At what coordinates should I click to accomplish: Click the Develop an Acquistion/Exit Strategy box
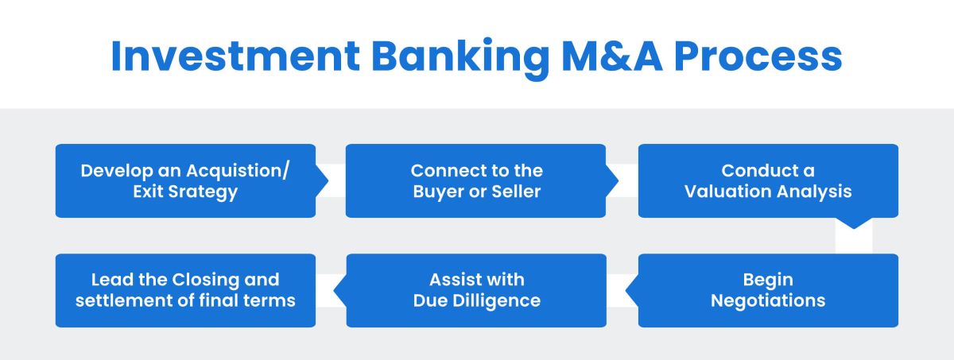tap(185, 180)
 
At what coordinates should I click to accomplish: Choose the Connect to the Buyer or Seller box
tap(475, 180)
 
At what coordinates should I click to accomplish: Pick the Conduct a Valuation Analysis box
tap(768, 180)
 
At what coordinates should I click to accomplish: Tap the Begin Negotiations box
tap(768, 290)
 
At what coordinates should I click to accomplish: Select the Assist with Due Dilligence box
tap(475, 290)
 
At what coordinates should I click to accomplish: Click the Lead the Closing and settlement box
tap(185, 290)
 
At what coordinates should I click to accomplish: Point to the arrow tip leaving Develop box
tap(324, 180)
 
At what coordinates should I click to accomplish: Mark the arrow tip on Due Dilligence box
tap(339, 290)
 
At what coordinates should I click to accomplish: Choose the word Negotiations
tap(768, 301)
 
